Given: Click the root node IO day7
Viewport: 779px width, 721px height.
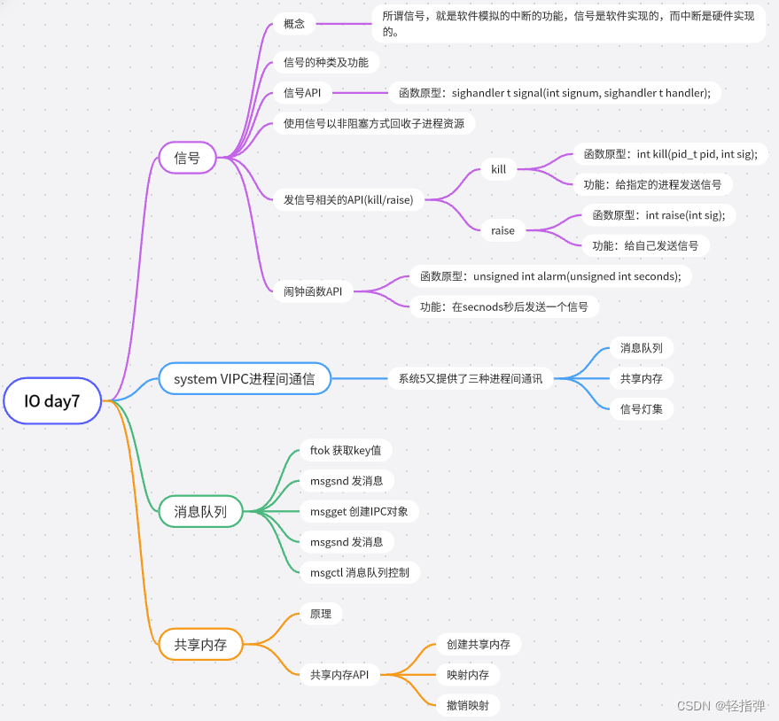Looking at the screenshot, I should pos(52,401).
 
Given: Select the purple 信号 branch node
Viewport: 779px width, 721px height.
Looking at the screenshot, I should pos(187,159).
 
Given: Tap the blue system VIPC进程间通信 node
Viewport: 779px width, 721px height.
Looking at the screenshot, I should pos(244,379).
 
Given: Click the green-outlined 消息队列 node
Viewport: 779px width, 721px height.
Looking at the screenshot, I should pos(200,511).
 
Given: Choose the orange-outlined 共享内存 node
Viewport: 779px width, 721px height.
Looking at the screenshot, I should pos(200,645).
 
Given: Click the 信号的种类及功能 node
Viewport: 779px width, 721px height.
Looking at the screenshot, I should pos(325,62).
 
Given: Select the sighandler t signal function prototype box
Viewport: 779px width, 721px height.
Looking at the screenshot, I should pos(555,92).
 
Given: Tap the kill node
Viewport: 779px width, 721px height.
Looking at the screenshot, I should pos(499,168).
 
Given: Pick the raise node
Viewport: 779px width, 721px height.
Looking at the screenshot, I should pos(502,230).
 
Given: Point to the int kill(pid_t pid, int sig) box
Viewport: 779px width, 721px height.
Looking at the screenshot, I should pos(670,153).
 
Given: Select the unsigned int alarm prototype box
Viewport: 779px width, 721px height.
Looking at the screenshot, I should pos(550,275).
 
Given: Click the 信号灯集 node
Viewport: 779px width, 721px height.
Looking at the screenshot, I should pos(635,408).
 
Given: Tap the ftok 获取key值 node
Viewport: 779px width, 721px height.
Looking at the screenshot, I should pos(345,450).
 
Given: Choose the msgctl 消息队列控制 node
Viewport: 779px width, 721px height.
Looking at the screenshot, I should pos(359,572).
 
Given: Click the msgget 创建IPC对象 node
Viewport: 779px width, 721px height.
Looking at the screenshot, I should pos(358,511).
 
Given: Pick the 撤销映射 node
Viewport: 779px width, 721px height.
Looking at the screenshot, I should pos(468,705).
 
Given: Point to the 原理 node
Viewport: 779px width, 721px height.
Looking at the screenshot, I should pos(320,613).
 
